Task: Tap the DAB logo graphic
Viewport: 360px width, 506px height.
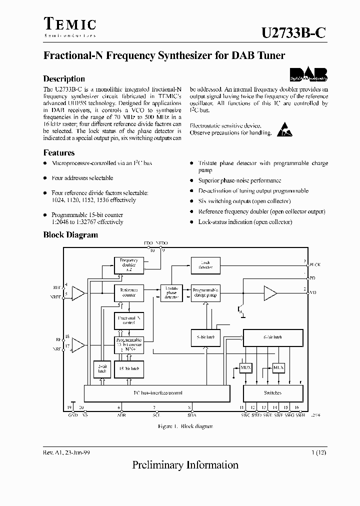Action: point(308,74)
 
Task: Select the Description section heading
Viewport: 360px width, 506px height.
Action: point(64,78)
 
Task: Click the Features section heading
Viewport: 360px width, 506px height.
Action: point(59,153)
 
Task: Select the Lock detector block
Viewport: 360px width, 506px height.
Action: point(205,264)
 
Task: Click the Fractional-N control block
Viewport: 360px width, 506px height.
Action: point(129,320)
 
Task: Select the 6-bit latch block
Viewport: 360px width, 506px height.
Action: point(272,337)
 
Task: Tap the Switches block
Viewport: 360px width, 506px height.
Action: point(272,393)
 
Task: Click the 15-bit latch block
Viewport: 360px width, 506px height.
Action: point(129,368)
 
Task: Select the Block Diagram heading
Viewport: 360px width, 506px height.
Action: point(70,234)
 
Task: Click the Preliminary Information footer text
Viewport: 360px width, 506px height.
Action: point(185,465)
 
